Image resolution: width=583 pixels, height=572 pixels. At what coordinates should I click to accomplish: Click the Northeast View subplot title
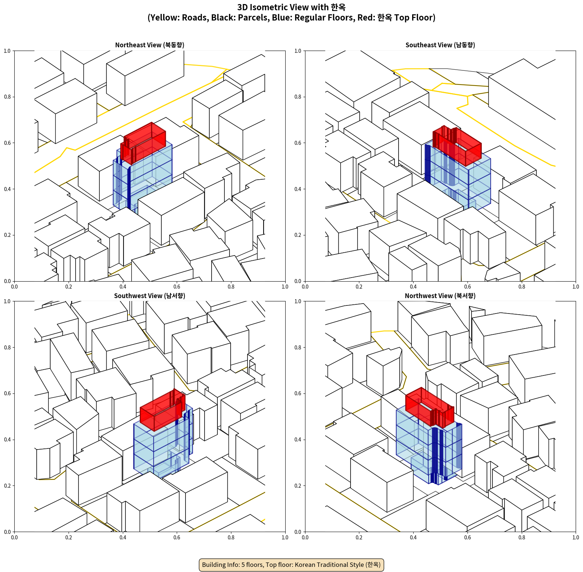[150, 45]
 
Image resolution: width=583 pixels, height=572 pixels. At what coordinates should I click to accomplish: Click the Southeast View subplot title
[440, 45]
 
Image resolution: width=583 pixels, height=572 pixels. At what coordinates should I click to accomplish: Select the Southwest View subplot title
[150, 296]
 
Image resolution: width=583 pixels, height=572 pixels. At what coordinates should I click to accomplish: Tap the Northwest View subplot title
[440, 296]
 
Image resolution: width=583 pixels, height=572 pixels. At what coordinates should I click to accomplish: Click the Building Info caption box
[291, 565]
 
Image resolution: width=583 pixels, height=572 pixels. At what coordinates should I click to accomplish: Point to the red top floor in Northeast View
[143, 143]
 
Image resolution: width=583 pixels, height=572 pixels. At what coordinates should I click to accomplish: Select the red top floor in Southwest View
[162, 410]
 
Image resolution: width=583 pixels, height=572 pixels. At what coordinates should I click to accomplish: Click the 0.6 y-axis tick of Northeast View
[7, 143]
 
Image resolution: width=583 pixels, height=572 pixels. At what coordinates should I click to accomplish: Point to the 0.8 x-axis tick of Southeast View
[521, 287]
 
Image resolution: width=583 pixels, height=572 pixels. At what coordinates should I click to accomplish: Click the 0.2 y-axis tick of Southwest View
[7, 486]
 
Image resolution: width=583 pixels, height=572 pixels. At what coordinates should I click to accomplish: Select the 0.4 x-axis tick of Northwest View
[413, 538]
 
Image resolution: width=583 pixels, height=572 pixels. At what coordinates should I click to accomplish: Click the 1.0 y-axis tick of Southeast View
[298, 51]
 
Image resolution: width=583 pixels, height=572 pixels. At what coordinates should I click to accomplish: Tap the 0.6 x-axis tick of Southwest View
[177, 538]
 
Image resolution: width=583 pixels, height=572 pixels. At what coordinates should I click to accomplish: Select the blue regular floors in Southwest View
[161, 444]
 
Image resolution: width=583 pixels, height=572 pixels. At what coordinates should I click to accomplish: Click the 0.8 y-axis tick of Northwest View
[298, 348]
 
